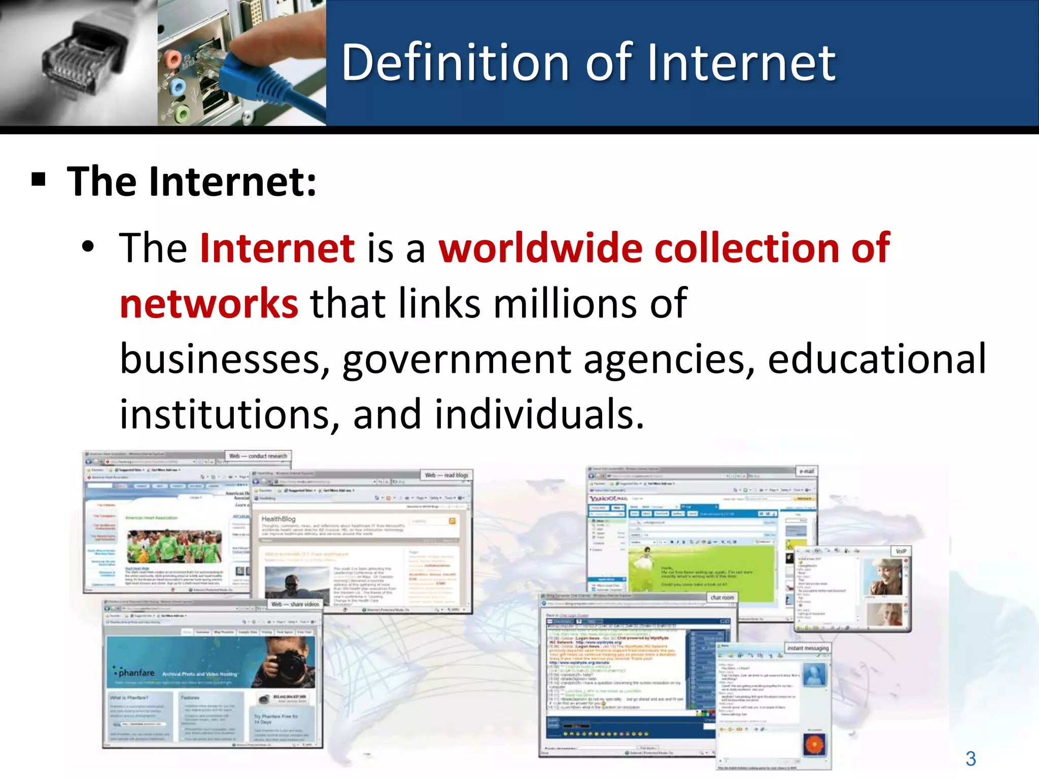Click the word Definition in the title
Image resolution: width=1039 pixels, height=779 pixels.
(455, 63)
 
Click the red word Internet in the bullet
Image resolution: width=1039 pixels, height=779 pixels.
(277, 249)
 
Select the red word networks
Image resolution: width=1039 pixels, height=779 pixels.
(209, 304)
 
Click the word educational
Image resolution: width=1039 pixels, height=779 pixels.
(877, 359)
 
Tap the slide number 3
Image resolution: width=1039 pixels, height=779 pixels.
(971, 759)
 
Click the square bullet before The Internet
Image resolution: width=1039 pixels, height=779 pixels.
(39, 180)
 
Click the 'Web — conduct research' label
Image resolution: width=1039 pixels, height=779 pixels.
(258, 456)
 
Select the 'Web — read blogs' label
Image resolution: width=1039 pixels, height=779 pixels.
(446, 475)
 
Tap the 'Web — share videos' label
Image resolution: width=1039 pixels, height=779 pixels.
(295, 604)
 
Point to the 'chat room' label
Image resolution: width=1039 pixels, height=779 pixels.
(722, 597)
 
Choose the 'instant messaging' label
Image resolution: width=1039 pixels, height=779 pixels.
(808, 648)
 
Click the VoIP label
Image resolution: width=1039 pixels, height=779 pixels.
(901, 551)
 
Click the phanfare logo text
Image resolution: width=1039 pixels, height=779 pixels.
(136, 673)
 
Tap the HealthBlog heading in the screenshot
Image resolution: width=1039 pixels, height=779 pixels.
(278, 519)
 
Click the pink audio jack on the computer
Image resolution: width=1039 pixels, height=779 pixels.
(172, 60)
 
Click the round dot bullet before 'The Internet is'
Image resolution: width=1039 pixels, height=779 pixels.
(88, 247)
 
